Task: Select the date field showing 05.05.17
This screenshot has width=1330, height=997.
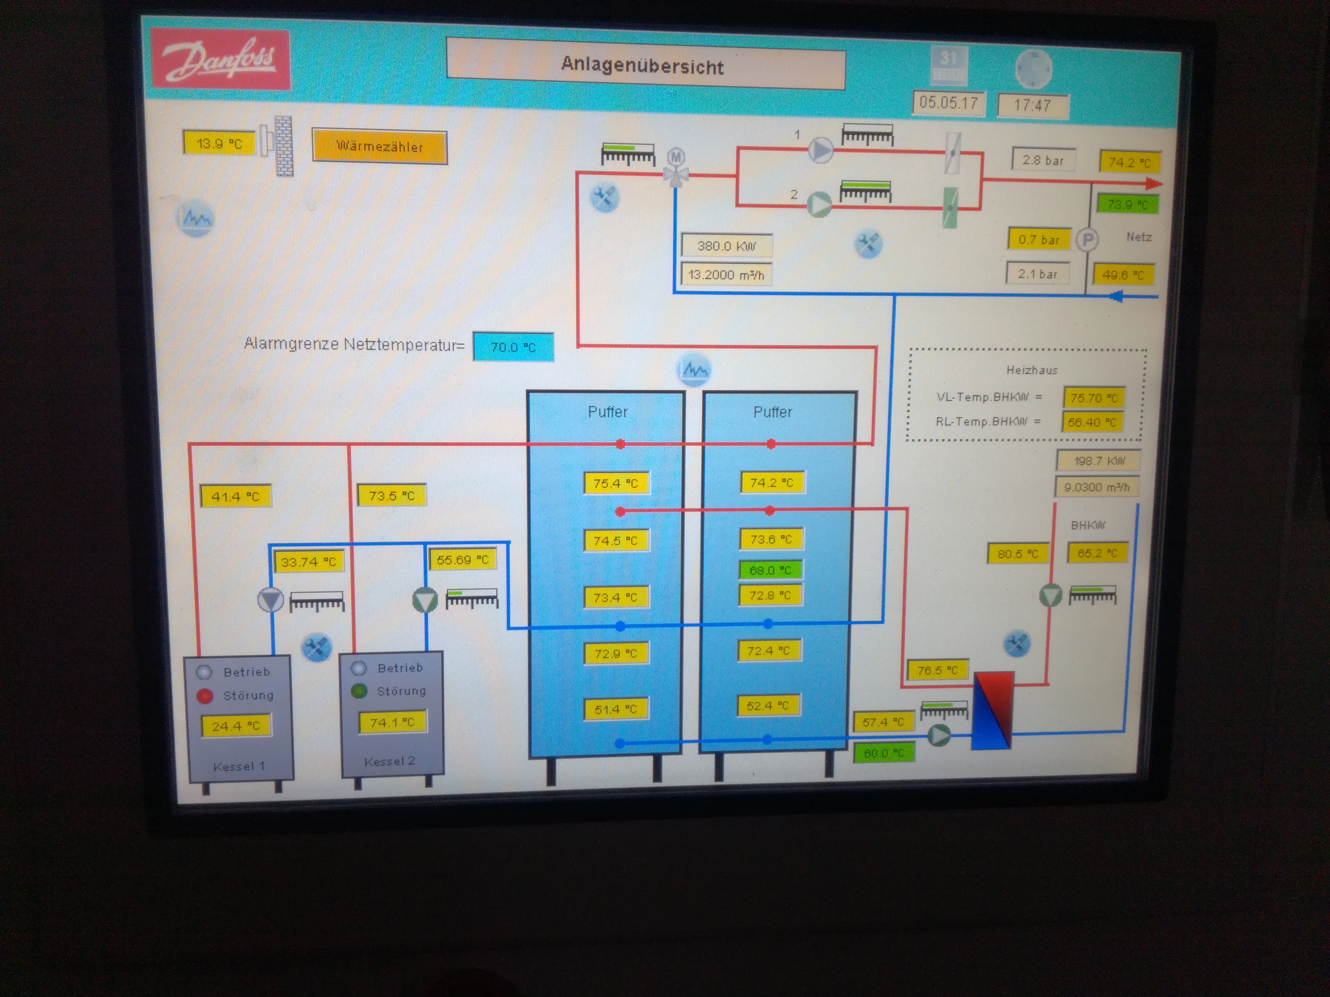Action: (x=948, y=103)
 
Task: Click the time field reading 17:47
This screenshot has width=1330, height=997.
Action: (x=1032, y=106)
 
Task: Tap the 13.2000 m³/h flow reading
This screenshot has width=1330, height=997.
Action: (x=726, y=274)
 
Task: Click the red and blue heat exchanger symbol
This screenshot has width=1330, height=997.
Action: (x=993, y=710)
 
